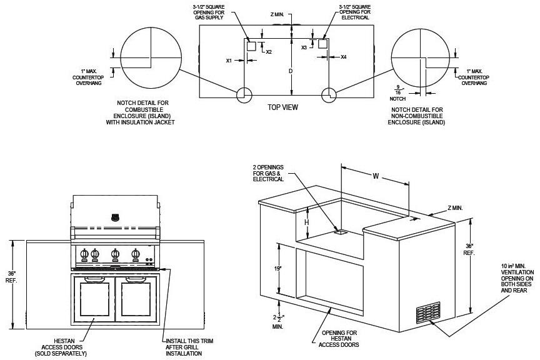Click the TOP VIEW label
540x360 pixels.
(282, 107)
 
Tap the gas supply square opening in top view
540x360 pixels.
(250, 46)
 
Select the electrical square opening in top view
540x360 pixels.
(323, 44)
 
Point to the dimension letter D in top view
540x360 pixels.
(291, 71)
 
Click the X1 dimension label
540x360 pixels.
(229, 61)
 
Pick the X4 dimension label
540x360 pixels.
(343, 57)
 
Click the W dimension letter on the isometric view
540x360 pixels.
(375, 176)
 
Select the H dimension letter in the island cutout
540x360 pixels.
(307, 222)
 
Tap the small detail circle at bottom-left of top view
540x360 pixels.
(243, 94)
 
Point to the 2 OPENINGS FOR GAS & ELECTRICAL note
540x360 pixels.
(268, 173)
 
